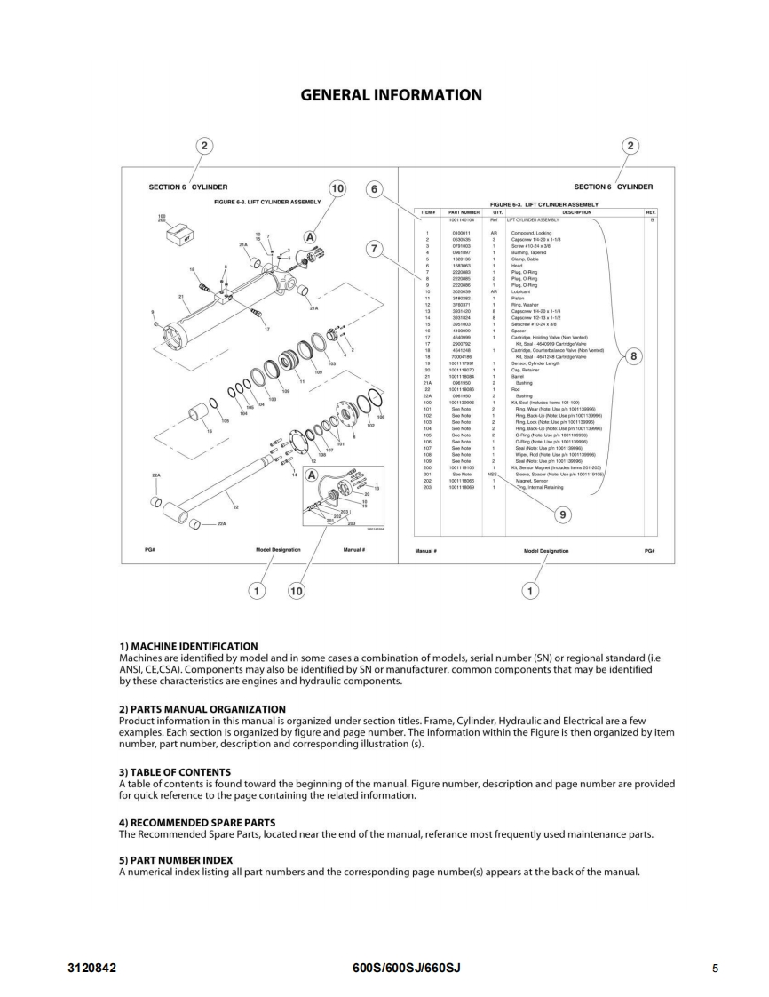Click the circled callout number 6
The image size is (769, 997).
click(375, 189)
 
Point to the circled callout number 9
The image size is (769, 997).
click(561, 514)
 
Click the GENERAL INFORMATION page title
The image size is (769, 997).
click(392, 95)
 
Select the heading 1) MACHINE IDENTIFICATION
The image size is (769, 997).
click(188, 646)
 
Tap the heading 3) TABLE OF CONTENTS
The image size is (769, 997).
click(175, 772)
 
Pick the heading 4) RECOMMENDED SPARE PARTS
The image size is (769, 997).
click(197, 822)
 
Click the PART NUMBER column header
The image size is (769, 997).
click(464, 212)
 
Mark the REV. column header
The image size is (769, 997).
click(650, 212)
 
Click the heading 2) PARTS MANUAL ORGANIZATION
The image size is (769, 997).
click(202, 709)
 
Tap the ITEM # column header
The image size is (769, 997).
click(428, 212)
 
